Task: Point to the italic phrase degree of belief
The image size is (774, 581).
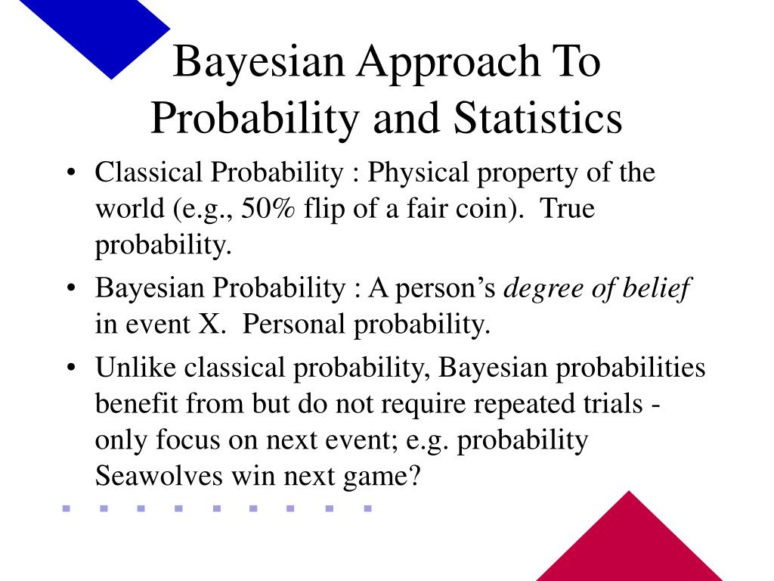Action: pos(597,288)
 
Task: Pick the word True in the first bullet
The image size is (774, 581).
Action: pos(568,209)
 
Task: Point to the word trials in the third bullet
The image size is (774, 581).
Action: pos(605,404)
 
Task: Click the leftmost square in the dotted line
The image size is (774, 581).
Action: pos(66,508)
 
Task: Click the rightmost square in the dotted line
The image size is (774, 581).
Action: pos(367,508)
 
